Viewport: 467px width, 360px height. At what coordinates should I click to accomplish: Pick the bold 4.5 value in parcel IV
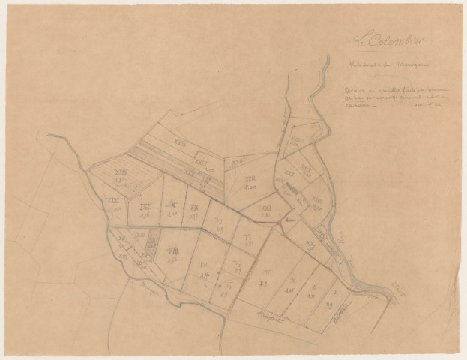[264, 283]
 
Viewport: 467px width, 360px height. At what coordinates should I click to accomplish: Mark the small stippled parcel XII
[152, 244]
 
